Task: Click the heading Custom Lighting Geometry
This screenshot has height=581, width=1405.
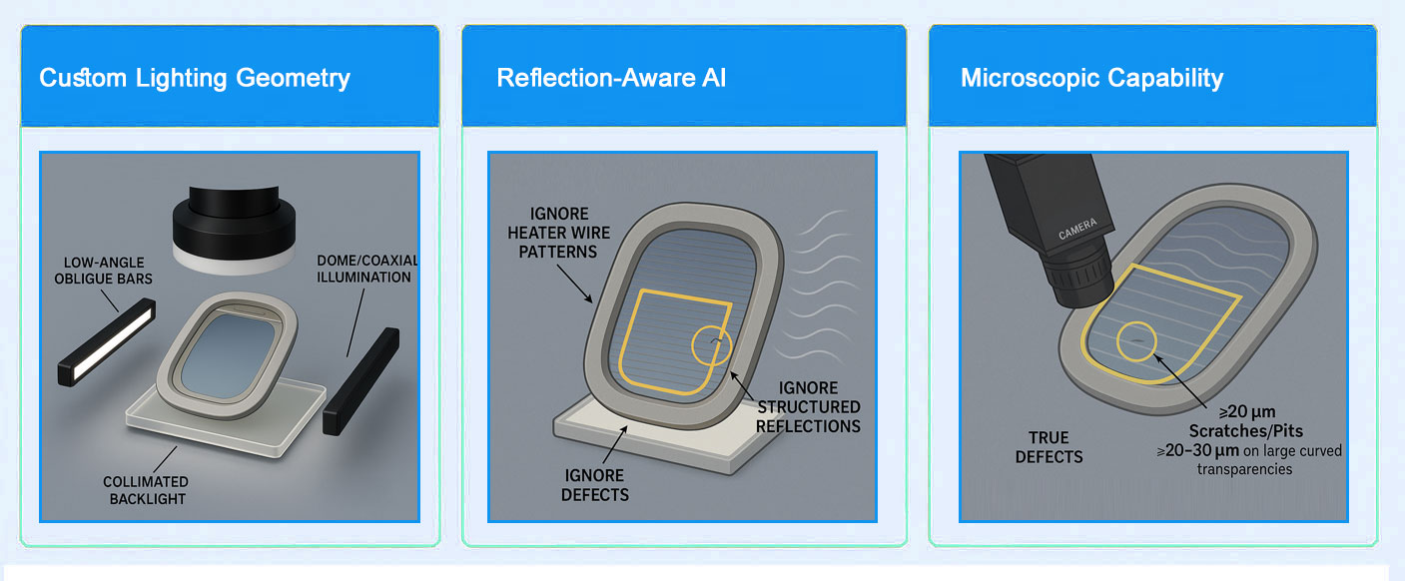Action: click(195, 78)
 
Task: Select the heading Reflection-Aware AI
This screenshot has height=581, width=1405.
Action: click(611, 78)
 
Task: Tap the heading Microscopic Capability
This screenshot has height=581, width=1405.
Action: click(1091, 78)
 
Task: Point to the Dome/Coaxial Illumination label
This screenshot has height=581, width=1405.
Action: click(366, 269)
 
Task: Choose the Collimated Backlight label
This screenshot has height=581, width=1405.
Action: click(145, 490)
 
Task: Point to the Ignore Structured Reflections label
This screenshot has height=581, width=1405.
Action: click(808, 406)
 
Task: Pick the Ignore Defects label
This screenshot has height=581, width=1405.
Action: click(593, 485)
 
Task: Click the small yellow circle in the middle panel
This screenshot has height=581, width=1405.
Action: click(712, 345)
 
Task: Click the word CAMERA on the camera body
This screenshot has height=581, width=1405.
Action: click(1076, 228)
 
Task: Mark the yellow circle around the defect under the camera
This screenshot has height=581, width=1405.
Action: click(1137, 341)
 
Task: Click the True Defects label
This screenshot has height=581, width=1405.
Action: click(1049, 447)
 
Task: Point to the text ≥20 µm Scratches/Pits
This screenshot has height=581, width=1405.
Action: click(1245, 421)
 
